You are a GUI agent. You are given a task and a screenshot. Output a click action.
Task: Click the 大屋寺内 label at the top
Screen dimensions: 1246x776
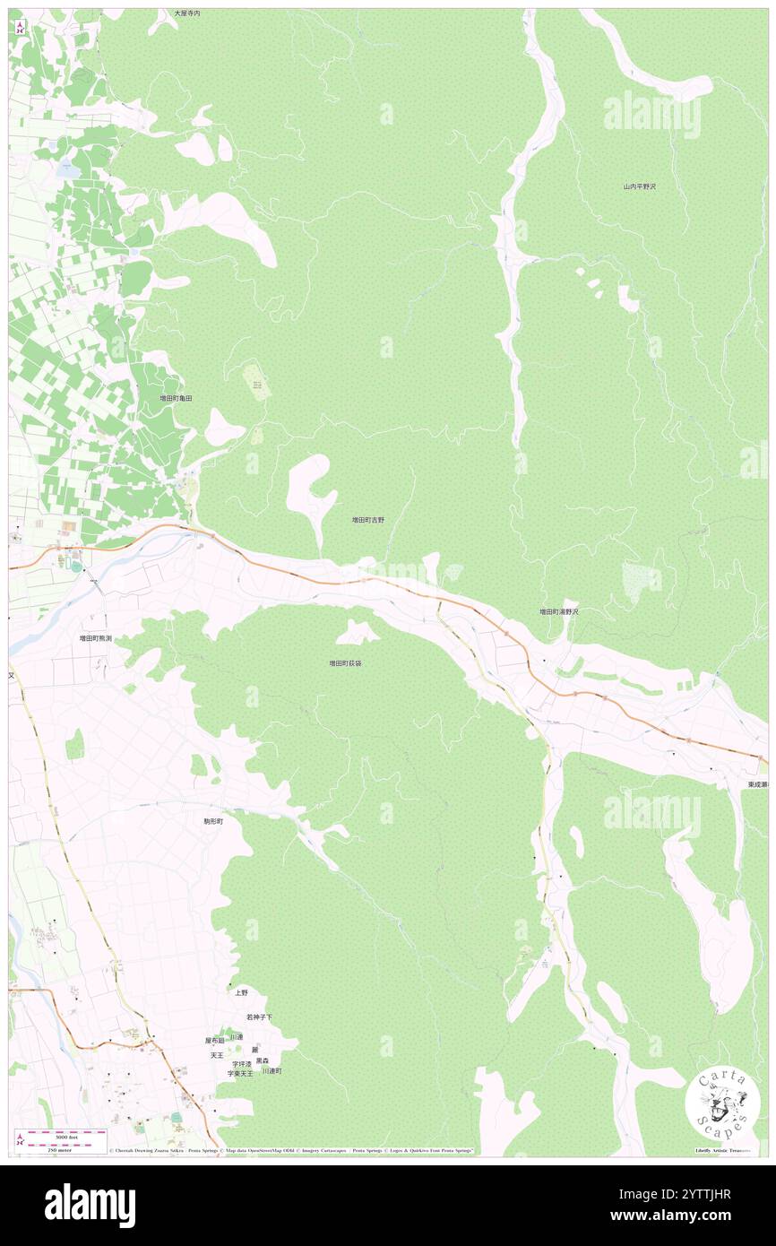187,14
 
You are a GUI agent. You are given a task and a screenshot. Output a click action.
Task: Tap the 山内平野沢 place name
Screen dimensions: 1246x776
640,186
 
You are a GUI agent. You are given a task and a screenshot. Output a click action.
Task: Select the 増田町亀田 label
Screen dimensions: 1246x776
176,397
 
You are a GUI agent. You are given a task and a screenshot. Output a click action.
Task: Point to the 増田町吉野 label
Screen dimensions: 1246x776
367,519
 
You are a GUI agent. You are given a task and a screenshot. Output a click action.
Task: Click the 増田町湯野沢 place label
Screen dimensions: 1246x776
558,611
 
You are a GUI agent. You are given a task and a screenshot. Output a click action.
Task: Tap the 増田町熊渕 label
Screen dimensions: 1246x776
95,638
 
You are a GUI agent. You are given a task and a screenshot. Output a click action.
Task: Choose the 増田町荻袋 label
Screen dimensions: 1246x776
345,663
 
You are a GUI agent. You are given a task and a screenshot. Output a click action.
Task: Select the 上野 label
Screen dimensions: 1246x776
241,992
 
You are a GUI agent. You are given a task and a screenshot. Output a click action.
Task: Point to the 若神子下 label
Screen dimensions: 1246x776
259,1017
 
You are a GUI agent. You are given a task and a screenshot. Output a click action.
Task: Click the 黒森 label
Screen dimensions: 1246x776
262,1060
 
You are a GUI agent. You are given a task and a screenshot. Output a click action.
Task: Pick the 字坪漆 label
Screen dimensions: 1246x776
242,1064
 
